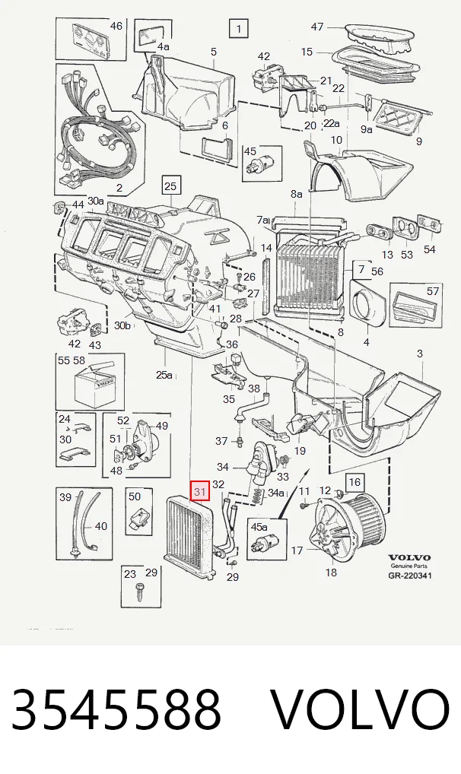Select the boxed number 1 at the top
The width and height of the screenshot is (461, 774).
(239, 29)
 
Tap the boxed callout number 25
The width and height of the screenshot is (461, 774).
(170, 186)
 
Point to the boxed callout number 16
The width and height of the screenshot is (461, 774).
(354, 482)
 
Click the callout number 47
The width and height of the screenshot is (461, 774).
(316, 26)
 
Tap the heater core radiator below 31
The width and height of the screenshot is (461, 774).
(190, 537)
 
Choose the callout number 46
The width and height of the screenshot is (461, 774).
(116, 25)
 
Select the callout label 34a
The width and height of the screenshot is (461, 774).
(276, 493)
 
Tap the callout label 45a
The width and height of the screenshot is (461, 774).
(259, 527)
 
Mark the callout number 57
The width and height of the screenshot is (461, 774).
(433, 291)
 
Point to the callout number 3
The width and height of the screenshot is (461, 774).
(419, 354)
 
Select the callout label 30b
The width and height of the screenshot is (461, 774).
(123, 325)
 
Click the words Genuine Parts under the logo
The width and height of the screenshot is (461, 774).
(409, 566)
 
